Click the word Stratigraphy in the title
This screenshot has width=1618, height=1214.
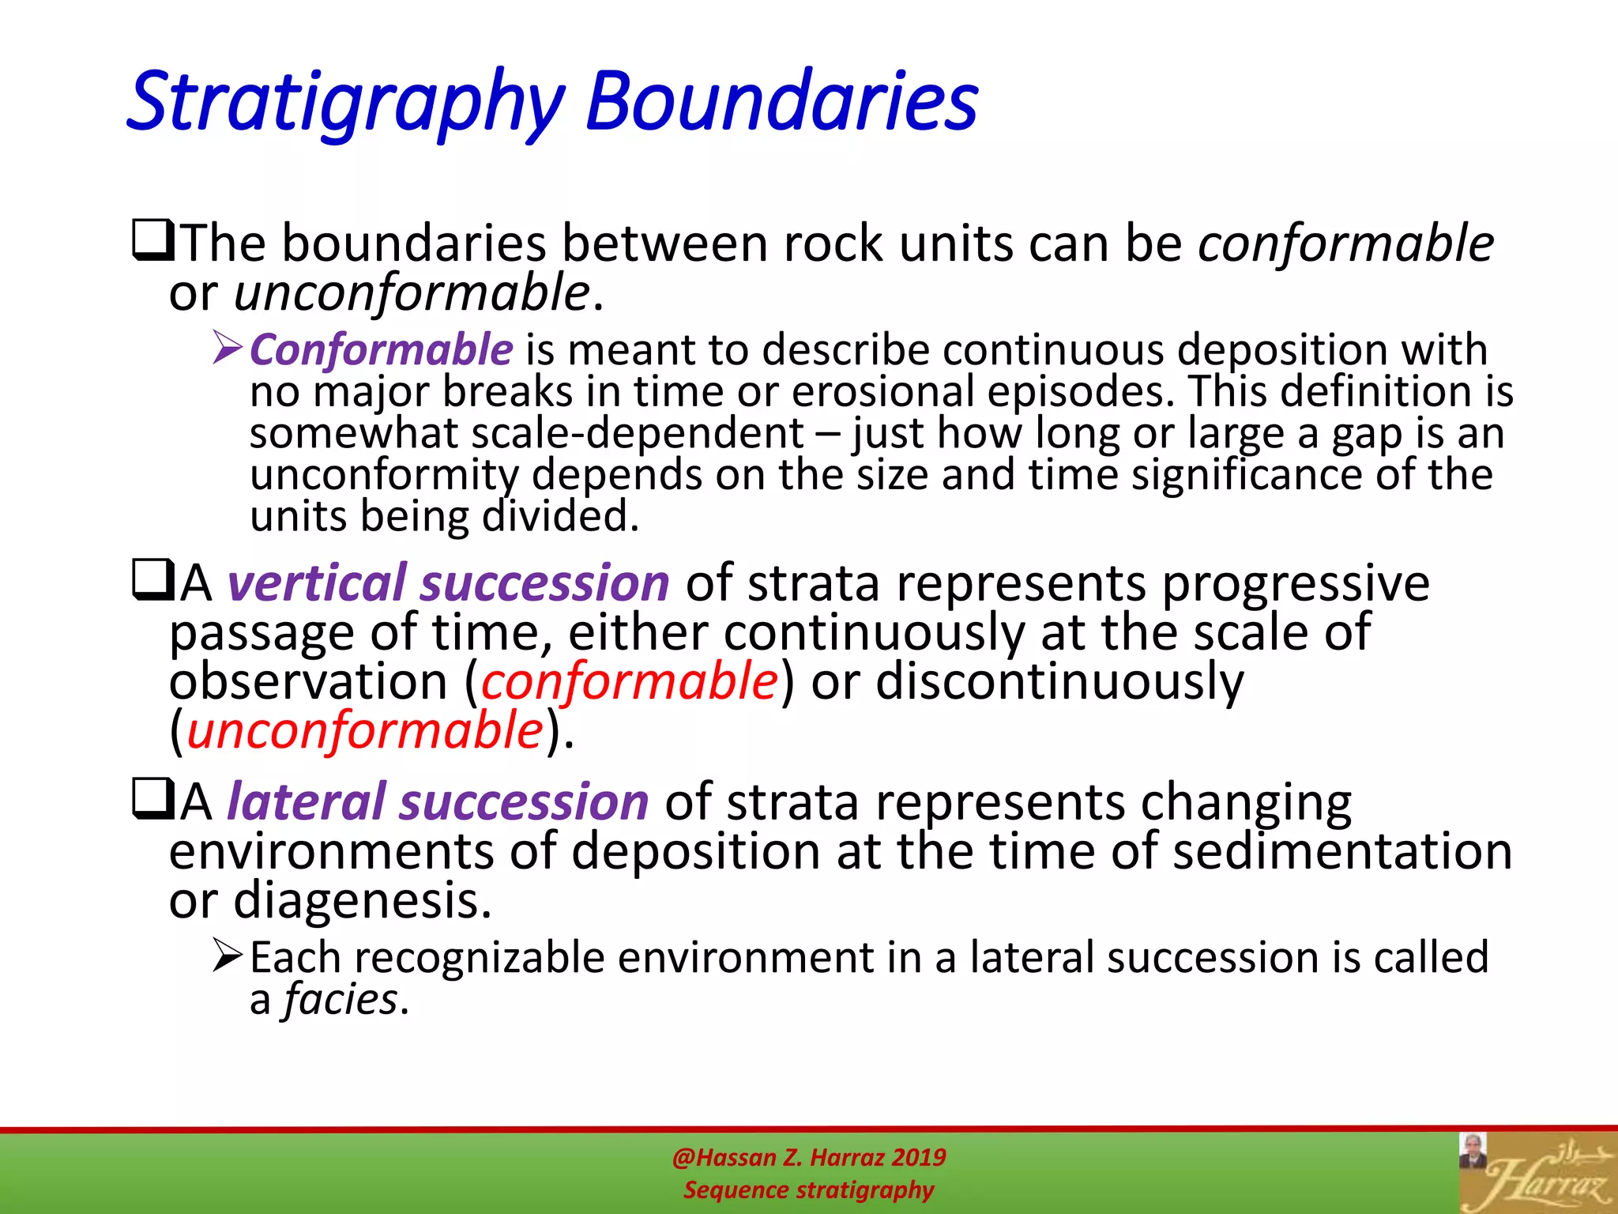345,103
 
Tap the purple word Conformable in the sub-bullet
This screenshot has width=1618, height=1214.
382,350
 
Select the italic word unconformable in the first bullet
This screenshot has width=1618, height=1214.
412,293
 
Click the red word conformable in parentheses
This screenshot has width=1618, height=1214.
630,681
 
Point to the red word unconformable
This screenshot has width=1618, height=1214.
365,730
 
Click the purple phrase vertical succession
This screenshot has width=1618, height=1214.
448,583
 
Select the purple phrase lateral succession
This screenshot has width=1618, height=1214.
438,802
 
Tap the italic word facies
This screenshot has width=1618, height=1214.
341,1000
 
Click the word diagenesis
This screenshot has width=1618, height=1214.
362,901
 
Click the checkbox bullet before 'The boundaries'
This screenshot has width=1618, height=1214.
152,242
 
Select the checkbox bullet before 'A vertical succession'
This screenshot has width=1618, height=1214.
152,582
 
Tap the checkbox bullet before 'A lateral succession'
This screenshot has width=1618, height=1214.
152,801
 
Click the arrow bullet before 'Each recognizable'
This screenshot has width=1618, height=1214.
228,956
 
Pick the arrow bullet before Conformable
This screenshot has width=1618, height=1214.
228,349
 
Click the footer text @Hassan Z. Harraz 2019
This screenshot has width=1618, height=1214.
808,1158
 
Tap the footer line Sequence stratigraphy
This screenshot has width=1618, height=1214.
808,1189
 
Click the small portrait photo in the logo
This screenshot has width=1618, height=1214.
1473,1151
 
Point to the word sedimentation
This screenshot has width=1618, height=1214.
1341,852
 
